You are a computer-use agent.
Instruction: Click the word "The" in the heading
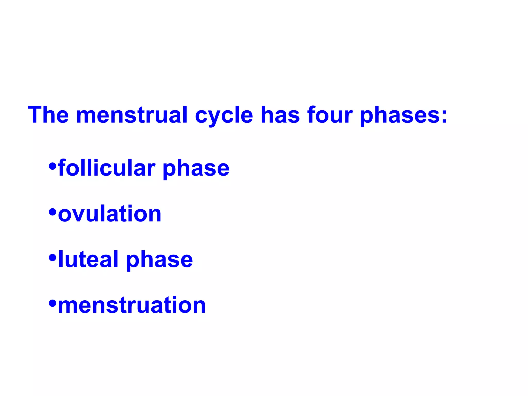pos(48,115)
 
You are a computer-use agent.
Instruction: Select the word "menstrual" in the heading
pos(132,115)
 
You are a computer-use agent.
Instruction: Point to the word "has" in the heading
pos(280,115)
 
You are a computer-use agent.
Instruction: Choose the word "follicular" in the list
pos(107,168)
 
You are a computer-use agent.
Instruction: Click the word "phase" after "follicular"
pos(196,169)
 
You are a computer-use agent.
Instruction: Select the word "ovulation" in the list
pos(110,214)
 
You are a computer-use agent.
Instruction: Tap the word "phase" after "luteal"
pos(159,260)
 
